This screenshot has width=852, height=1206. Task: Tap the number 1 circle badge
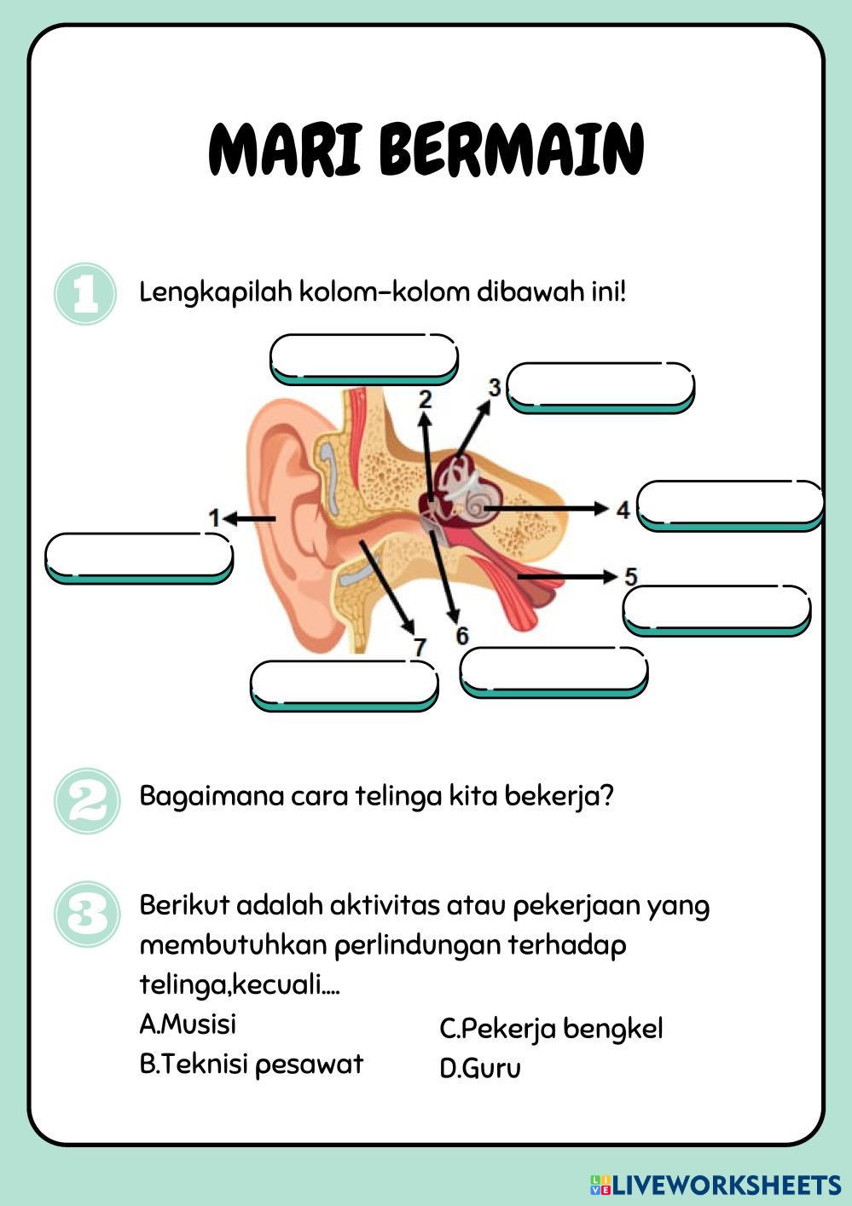[84, 294]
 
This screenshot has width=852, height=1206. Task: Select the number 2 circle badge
[86, 799]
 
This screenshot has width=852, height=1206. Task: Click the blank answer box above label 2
[363, 356]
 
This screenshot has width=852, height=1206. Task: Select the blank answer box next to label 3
[600, 386]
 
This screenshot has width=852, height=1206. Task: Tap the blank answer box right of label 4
[730, 504]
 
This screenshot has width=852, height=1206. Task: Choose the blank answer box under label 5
[716, 609]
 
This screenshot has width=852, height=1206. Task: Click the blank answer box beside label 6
[553, 671]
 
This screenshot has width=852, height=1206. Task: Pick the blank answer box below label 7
[344, 684]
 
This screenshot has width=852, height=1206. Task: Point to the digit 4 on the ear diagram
[623, 510]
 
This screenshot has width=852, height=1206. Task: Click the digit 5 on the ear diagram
[630, 576]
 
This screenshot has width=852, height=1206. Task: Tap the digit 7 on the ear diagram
[419, 648]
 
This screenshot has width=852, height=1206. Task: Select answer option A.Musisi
[188, 1024]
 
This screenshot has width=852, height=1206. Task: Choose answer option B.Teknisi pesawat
[251, 1064]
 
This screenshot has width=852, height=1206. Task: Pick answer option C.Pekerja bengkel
[551, 1029]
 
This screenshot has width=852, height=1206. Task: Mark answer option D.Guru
[480, 1069]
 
